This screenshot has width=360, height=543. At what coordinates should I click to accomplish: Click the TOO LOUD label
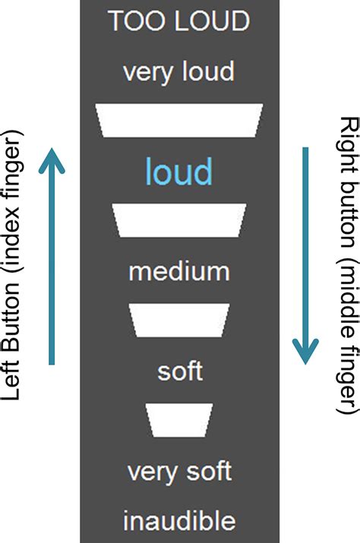click(x=179, y=21)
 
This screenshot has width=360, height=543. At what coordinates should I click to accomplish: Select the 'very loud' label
click(x=179, y=72)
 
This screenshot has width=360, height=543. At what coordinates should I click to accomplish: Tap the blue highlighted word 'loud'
click(x=179, y=172)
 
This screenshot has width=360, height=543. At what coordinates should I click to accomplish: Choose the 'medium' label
click(x=179, y=271)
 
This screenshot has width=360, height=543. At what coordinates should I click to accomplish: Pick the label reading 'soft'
click(x=180, y=371)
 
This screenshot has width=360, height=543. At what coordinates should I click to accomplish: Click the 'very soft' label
click(x=179, y=472)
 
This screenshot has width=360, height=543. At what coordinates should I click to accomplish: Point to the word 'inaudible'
click(x=179, y=522)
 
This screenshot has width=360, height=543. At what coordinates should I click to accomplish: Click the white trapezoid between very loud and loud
click(x=179, y=120)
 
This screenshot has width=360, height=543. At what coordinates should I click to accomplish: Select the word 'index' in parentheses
click(x=17, y=239)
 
